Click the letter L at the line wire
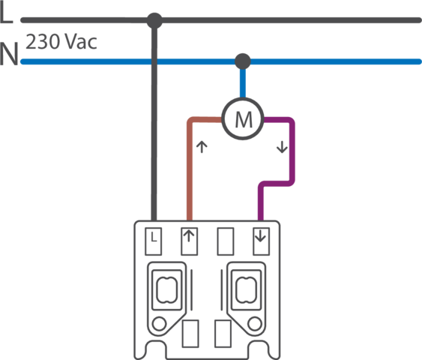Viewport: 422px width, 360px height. [7, 13]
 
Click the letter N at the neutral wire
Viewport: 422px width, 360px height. [9, 53]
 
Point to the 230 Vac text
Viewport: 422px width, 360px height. [61, 42]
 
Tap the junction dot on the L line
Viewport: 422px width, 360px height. [154, 20]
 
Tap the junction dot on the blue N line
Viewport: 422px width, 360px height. [243, 61]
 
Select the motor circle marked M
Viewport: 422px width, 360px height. [243, 118]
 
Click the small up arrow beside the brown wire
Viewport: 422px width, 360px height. [202, 147]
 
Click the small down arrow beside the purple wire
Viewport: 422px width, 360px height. [282, 147]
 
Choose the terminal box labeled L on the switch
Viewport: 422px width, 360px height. [154, 241]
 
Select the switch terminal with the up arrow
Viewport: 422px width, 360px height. [190, 241]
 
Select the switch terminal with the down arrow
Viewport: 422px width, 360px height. [261, 241]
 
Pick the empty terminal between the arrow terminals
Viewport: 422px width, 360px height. [226, 241]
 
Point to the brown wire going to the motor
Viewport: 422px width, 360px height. [190, 161]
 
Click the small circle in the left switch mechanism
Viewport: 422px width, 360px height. [159, 324]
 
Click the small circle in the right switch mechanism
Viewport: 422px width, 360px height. [255, 324]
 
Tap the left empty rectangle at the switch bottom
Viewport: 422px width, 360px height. [190, 334]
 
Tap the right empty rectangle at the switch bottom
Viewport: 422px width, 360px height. [223, 334]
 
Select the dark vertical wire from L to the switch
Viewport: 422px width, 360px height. [154, 121]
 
